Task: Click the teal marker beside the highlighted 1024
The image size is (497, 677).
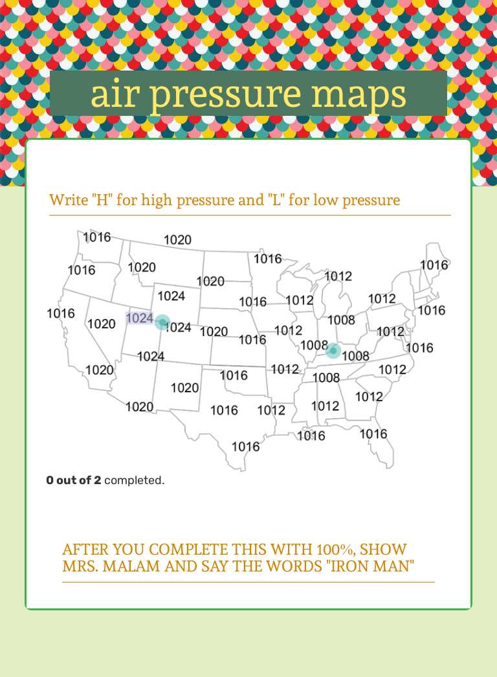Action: tap(162, 322)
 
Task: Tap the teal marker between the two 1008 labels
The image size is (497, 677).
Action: tap(333, 351)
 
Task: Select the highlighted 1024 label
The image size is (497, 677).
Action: tap(140, 318)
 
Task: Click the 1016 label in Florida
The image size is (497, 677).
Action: tap(373, 434)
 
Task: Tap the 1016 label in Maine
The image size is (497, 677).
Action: tap(434, 265)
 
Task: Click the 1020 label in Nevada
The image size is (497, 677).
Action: tap(102, 324)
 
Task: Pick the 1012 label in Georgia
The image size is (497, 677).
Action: tap(370, 396)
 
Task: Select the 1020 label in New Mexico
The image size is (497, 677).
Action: tap(184, 388)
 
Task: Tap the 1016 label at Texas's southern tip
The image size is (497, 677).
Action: tap(246, 447)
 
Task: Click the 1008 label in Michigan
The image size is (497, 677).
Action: tap(341, 320)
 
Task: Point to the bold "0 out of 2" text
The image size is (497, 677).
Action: tap(74, 481)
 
